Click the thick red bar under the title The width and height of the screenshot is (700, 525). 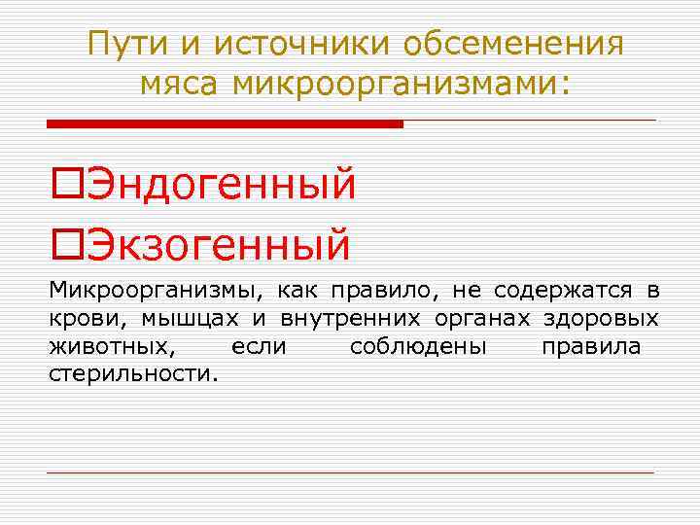tap(225, 124)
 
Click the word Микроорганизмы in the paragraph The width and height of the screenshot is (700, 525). tap(155, 290)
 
